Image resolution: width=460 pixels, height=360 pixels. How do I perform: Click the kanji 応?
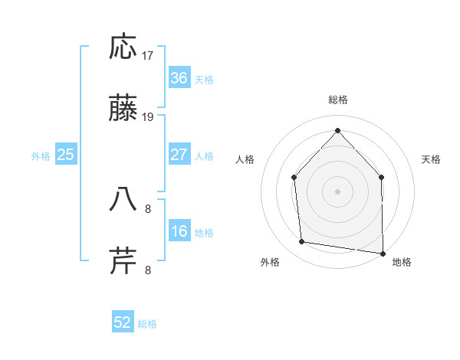(123, 47)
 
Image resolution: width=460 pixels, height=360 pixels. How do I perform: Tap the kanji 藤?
(123, 110)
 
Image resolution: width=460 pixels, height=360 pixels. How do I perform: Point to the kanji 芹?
(123, 261)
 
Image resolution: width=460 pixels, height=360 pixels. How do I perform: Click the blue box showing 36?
(179, 78)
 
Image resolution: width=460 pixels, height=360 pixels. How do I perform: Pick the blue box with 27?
(179, 155)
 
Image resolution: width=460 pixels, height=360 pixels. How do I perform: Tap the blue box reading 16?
(179, 231)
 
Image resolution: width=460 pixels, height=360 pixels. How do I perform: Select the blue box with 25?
(66, 155)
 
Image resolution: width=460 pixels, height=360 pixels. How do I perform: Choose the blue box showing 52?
(123, 322)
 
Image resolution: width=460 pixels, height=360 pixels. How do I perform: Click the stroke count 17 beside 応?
(148, 56)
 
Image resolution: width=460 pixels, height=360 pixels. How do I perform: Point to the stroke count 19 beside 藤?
(148, 117)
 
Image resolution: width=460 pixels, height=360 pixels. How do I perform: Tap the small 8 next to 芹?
(148, 270)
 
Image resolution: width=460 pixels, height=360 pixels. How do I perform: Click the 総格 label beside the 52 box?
(147, 324)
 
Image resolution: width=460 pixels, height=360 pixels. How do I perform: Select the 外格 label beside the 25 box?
(41, 156)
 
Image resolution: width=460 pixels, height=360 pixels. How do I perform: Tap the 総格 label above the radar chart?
(338, 100)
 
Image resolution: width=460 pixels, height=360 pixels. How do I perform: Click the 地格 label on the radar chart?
(402, 262)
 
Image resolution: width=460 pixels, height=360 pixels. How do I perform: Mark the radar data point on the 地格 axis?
(383, 252)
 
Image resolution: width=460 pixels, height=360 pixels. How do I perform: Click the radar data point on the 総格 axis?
(337, 129)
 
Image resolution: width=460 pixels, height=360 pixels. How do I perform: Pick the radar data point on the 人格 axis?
(294, 177)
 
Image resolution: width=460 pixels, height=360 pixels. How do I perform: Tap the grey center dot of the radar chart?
(337, 191)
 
